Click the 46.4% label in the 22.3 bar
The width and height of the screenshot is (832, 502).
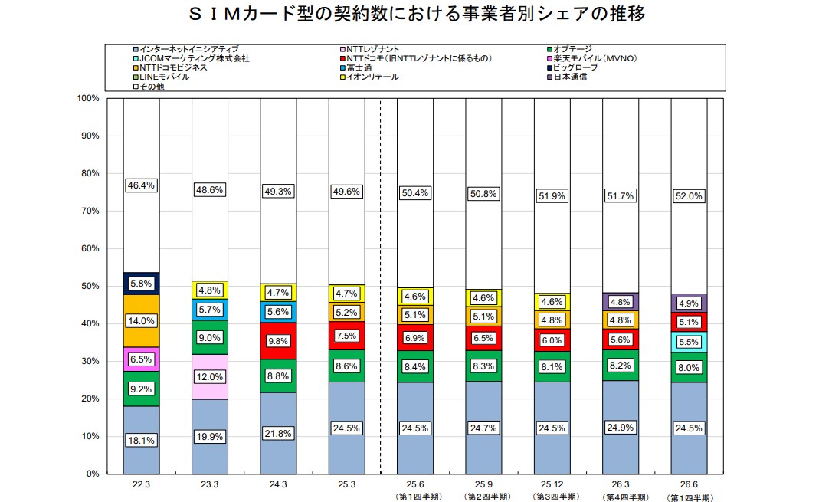(x=141, y=185)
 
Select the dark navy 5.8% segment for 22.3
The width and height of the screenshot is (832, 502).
(x=141, y=284)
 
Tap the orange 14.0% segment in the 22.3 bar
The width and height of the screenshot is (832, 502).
(x=141, y=321)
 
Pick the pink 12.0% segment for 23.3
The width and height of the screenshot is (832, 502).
(x=210, y=377)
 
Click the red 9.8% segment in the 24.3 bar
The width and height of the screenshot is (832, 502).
(x=278, y=341)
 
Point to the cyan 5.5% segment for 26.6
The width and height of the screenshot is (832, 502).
(x=689, y=342)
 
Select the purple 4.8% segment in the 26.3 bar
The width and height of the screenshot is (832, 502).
(x=621, y=302)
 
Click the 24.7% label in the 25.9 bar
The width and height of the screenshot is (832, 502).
(x=483, y=428)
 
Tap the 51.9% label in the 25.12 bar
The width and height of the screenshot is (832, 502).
(x=552, y=195)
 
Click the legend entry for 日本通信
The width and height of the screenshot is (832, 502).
(x=567, y=77)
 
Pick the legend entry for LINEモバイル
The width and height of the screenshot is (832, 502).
(x=162, y=77)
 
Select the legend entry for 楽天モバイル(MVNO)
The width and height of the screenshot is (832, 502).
(x=591, y=58)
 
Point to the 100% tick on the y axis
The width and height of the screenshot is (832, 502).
(x=88, y=98)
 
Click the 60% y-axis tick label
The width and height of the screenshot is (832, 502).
(x=90, y=248)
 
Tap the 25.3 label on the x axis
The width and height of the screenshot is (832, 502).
(x=346, y=484)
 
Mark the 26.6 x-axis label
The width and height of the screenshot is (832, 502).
(x=689, y=484)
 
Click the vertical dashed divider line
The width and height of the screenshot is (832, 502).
(x=381, y=286)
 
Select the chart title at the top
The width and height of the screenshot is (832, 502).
(x=417, y=14)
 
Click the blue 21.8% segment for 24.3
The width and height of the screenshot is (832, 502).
(x=278, y=433)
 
